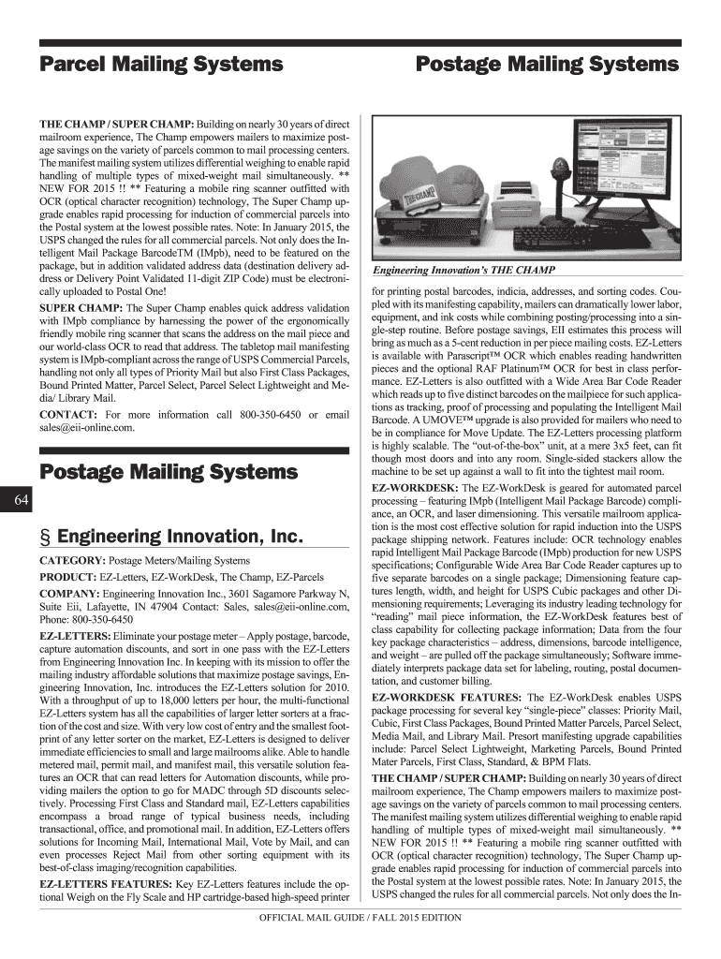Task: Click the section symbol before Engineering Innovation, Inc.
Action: [44, 538]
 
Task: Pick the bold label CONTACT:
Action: [69, 415]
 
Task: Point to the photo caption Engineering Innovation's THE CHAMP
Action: [463, 271]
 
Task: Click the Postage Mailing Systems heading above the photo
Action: [547, 65]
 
